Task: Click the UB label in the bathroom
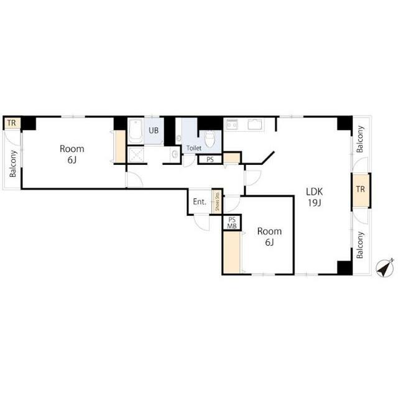[x=154, y=131]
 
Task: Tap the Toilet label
[x=194, y=148]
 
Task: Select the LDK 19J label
[x=315, y=197]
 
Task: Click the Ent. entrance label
[x=200, y=201]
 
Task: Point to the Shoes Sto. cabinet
[x=217, y=201]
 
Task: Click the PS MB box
[x=232, y=223]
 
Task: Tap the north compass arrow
[x=385, y=268]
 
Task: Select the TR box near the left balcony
[x=12, y=123]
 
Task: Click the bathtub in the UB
[x=136, y=131]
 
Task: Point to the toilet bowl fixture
[x=210, y=139]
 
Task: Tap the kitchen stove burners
[x=232, y=125]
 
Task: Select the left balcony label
[x=12, y=164]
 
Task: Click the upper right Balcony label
[x=360, y=139]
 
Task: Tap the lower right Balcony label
[x=360, y=245]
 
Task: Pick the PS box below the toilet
[x=210, y=160]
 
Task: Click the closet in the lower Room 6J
[x=232, y=252]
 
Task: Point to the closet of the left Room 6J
[x=120, y=147]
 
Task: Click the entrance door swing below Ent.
[x=201, y=223]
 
